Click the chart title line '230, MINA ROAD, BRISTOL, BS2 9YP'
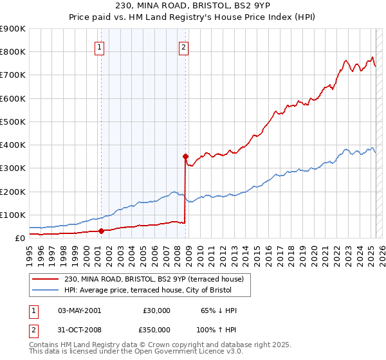click(x=192, y=6)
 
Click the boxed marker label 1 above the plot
click(x=100, y=47)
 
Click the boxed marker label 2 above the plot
click(x=184, y=47)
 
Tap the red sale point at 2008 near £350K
click(x=185, y=156)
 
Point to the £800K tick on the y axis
click(x=13, y=51)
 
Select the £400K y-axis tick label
click(x=13, y=145)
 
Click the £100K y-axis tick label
click(x=13, y=215)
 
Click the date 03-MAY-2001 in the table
click(x=79, y=310)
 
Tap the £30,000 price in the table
click(x=157, y=310)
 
